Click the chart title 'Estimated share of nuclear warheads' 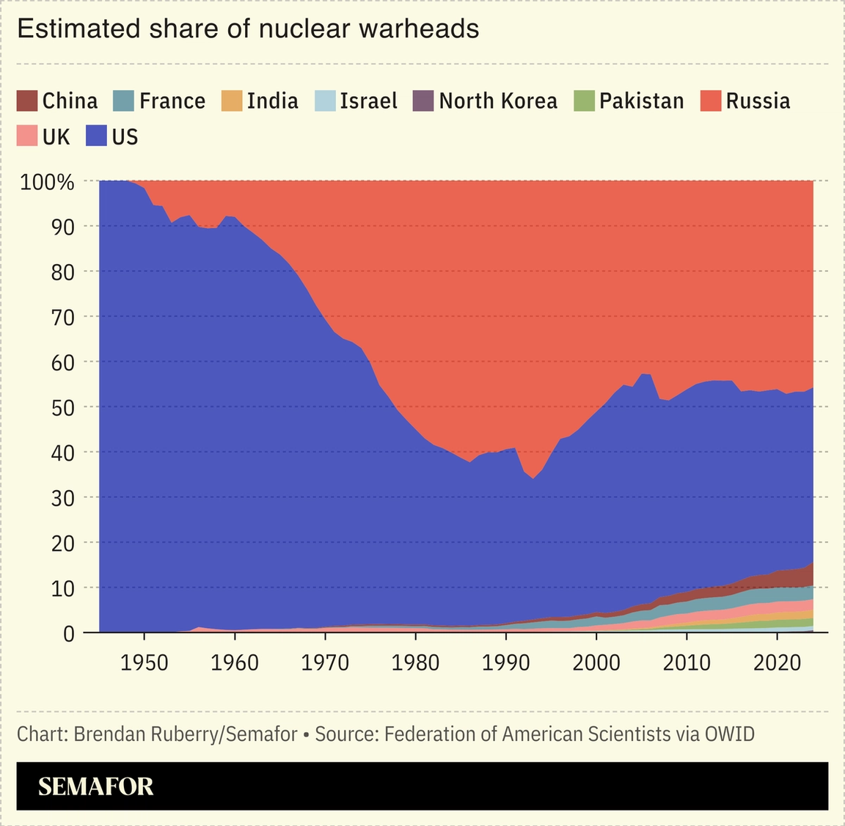point(248,29)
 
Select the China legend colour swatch point(27,100)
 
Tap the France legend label point(172,100)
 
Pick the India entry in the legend point(272,100)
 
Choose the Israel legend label point(368,100)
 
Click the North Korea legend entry point(497,100)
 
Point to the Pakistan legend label point(641,100)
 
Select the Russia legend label point(758,100)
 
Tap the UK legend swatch point(27,136)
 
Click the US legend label point(125,136)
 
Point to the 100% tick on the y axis point(47,182)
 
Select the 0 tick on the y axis point(68,634)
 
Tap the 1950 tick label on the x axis point(145,662)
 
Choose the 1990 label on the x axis point(506,662)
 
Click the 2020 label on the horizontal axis point(777,662)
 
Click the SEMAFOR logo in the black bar point(96,786)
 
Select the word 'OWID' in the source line point(729,734)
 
